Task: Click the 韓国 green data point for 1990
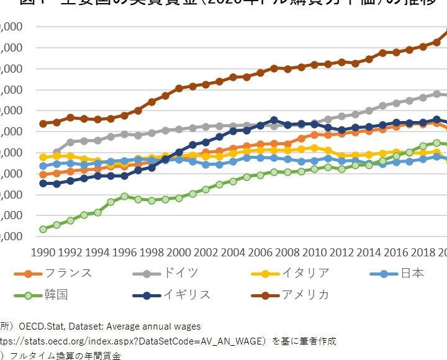tap(43, 230)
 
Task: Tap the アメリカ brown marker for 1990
tap(43, 124)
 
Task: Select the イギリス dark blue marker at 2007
tap(274, 120)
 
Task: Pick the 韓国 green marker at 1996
tap(124, 196)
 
